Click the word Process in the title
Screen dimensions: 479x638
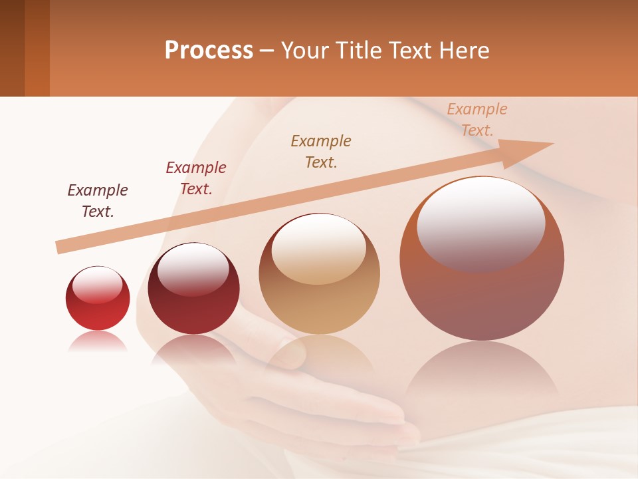[x=209, y=51]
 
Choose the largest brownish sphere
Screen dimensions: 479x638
[x=482, y=293]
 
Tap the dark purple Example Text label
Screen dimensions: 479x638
[x=98, y=200]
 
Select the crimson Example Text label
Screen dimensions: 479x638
[x=196, y=178]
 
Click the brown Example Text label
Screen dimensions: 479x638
[x=321, y=151]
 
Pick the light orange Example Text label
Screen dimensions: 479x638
[x=477, y=119]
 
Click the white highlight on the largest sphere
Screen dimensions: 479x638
[x=480, y=223]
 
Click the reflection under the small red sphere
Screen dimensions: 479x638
[x=98, y=343]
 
